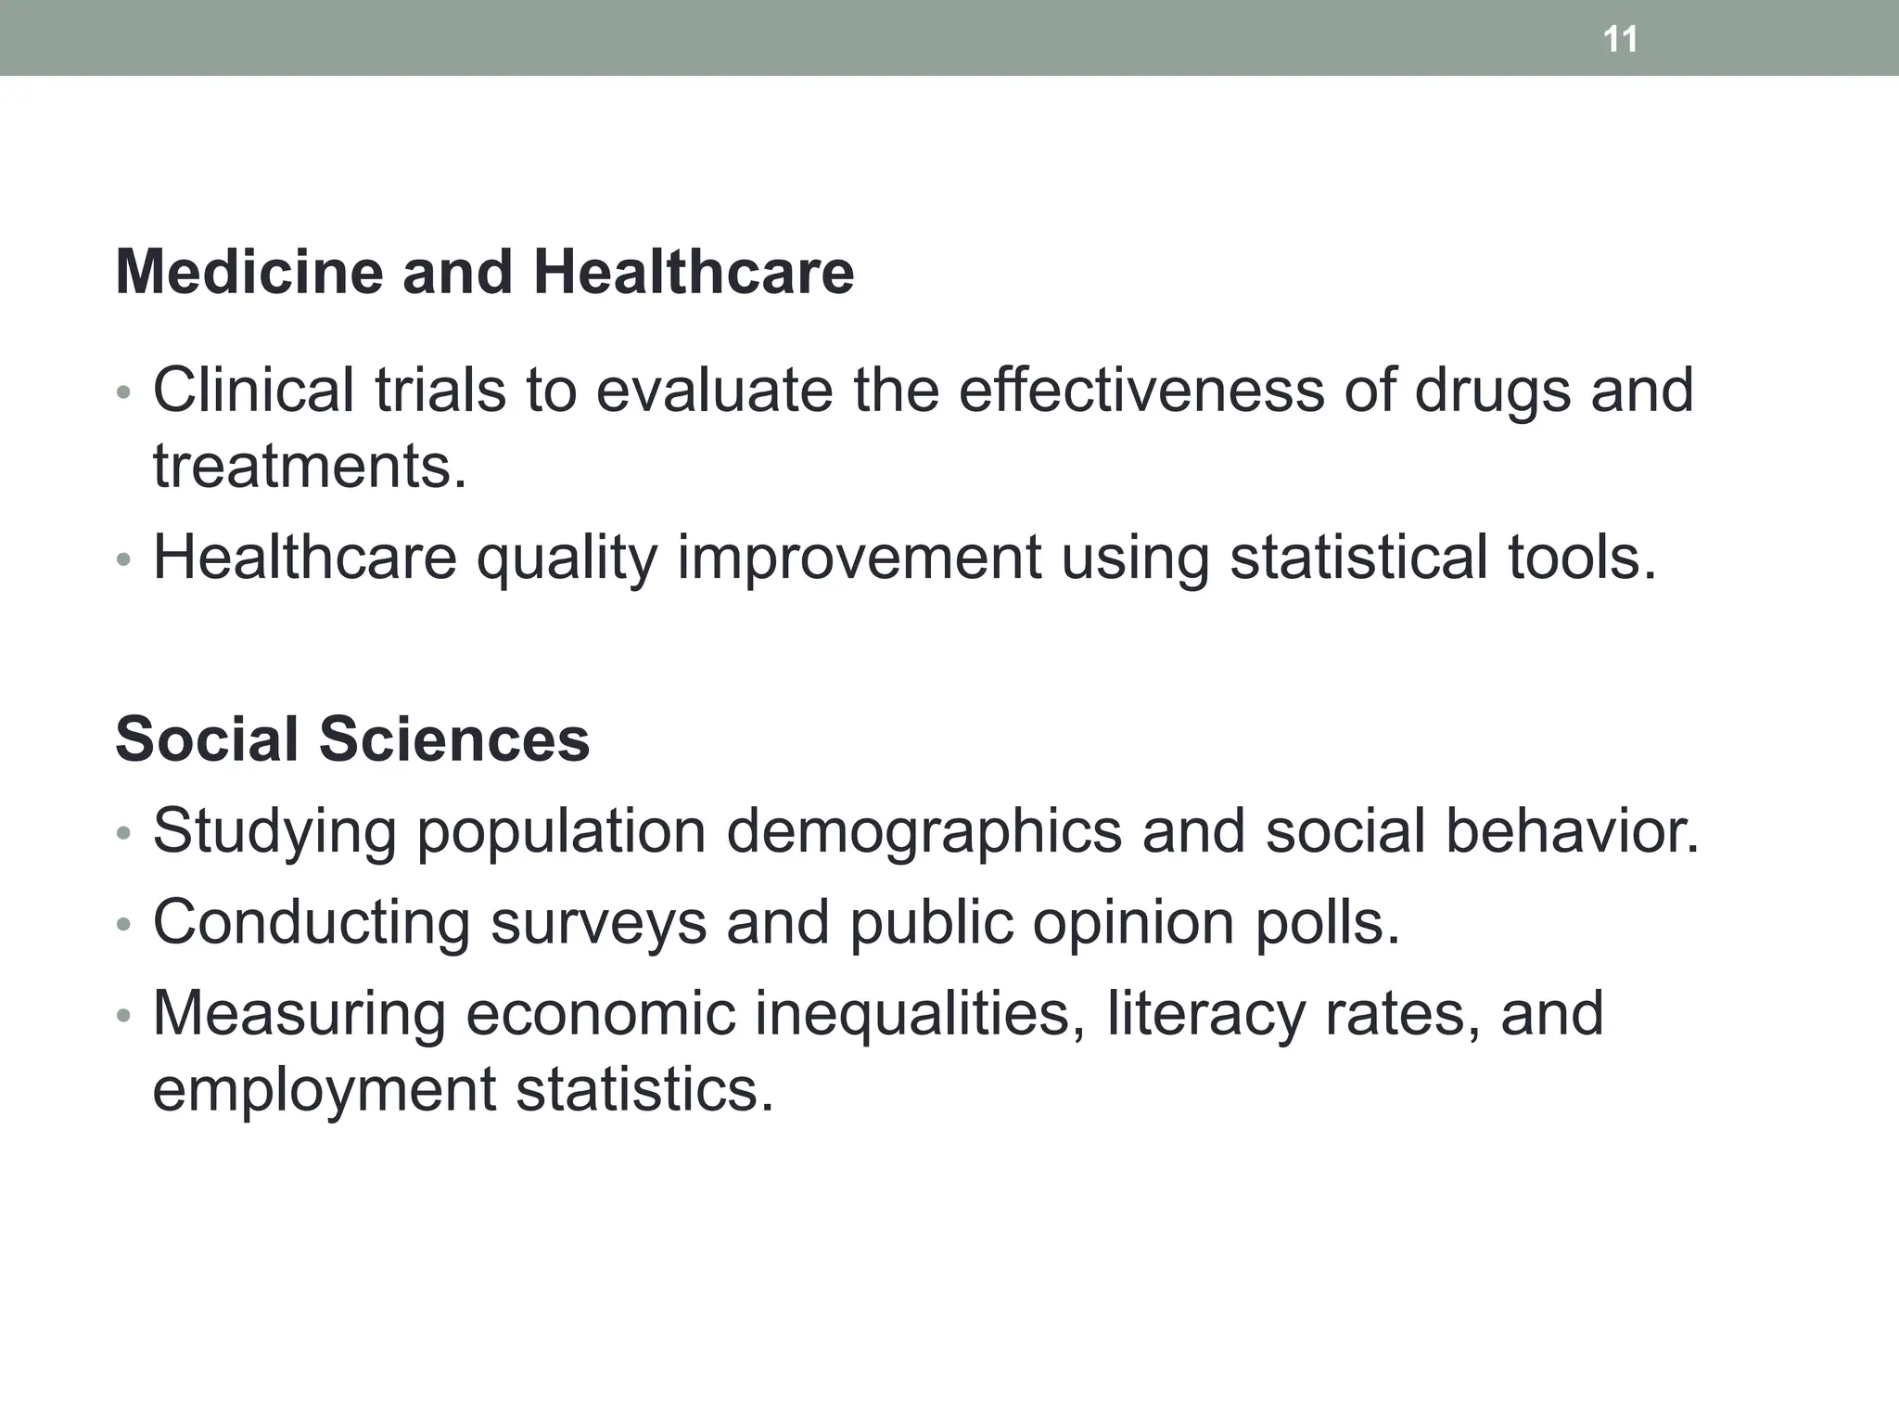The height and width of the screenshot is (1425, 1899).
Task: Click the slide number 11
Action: [1620, 40]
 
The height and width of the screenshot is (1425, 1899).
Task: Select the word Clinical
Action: [253, 390]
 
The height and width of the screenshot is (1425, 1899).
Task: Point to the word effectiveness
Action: [1141, 390]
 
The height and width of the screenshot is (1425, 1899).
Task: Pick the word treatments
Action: [310, 466]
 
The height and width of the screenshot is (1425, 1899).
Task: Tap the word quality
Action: [567, 558]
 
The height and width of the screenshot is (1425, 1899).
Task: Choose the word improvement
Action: [860, 558]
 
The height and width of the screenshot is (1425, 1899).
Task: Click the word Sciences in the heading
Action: [454, 739]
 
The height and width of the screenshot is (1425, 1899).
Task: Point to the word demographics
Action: [924, 831]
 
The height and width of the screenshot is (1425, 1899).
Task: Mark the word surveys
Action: [598, 924]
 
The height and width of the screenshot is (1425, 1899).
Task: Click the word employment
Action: [325, 1090]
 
